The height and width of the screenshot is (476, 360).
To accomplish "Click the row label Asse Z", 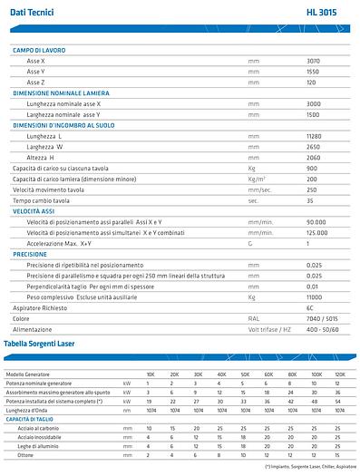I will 35,82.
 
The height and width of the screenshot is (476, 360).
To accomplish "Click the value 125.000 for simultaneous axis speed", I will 316,233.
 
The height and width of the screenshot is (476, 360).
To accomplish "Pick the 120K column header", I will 339,374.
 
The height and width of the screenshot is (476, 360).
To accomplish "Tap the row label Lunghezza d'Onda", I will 28,410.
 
